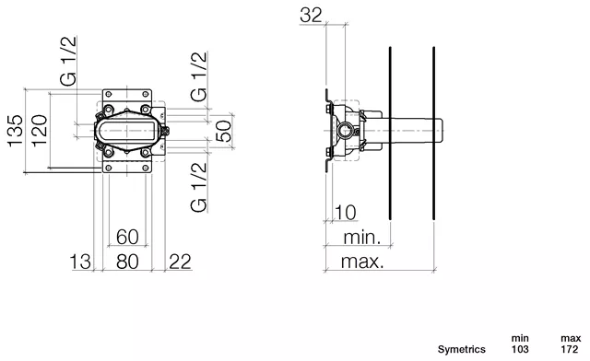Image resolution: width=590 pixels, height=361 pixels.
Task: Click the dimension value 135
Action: point(16,131)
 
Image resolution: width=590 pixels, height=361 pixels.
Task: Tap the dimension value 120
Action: point(40,131)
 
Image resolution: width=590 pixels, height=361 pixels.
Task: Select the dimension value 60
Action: point(127,237)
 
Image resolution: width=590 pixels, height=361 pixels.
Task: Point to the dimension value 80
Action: point(127,262)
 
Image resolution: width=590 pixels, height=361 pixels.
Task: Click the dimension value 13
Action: point(80,262)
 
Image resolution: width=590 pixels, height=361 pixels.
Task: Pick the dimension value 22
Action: point(181,262)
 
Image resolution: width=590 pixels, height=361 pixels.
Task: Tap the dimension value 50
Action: point(224,131)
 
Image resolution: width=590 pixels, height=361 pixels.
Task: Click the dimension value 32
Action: point(312,16)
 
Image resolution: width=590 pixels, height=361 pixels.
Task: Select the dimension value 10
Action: point(345,213)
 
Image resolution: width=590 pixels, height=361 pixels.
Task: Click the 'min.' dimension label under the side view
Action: point(362,238)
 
